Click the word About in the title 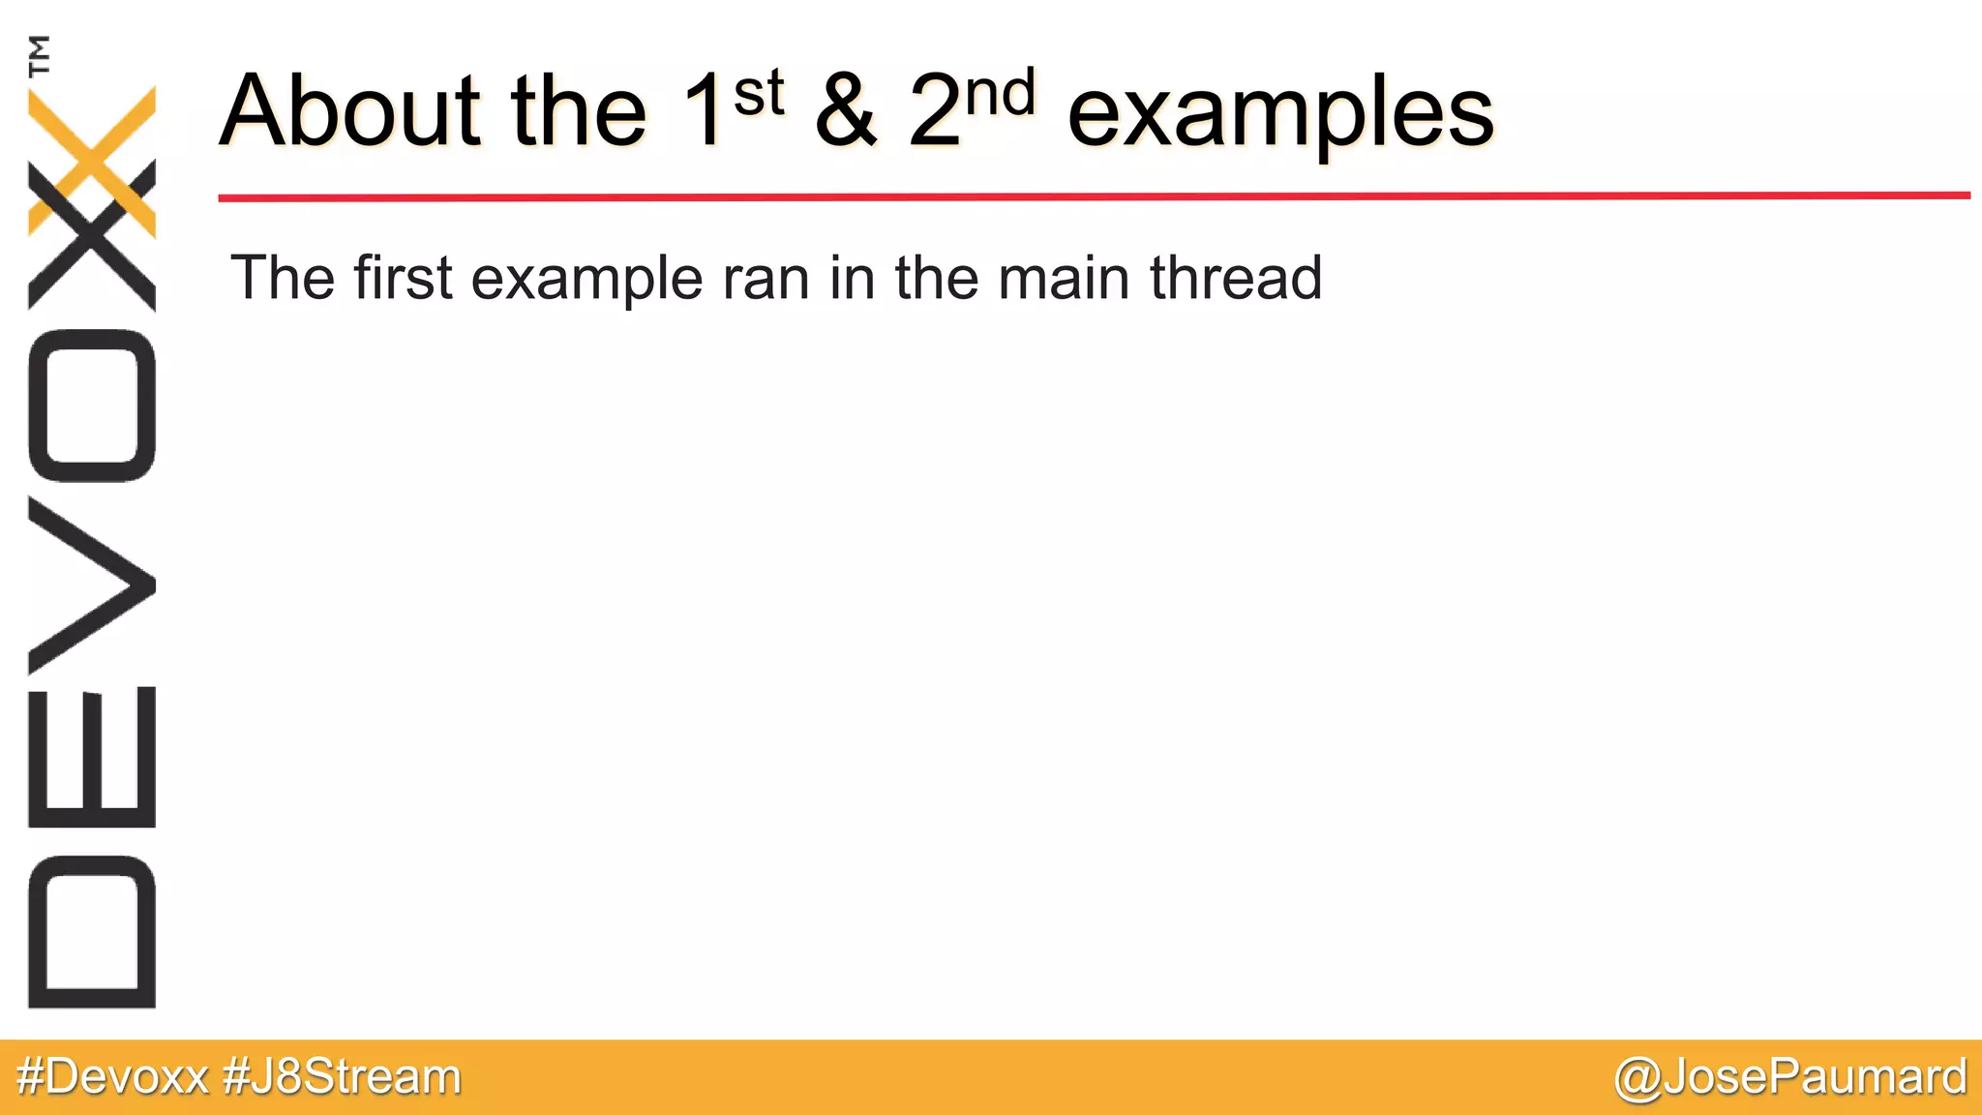[x=349, y=110]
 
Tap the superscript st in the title [x=758, y=94]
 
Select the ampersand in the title [x=846, y=110]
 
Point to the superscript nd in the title [x=1001, y=94]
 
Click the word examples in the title [x=1280, y=114]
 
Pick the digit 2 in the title [x=934, y=112]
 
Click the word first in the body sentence [x=403, y=278]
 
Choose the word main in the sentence [x=1064, y=278]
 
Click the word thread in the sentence [x=1236, y=278]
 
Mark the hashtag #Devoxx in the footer [x=112, y=1076]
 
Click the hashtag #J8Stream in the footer [x=342, y=1076]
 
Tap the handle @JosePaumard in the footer [x=1790, y=1076]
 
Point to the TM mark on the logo [x=40, y=55]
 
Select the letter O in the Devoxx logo [x=92, y=406]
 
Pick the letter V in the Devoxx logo [x=92, y=586]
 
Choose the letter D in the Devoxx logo [x=92, y=932]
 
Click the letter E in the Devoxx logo [x=92, y=758]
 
